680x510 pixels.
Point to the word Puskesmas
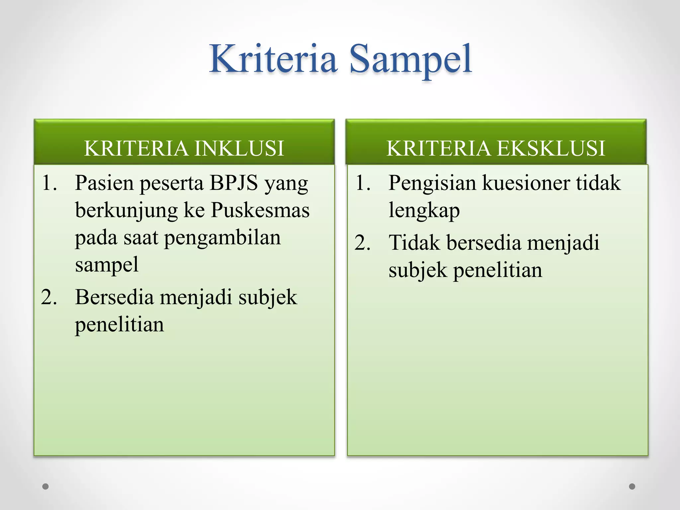point(260,210)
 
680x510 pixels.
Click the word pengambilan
point(222,238)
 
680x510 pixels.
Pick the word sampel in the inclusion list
point(107,265)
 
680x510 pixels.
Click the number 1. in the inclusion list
point(49,183)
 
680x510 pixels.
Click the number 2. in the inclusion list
point(49,297)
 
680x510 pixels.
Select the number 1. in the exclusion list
point(363,183)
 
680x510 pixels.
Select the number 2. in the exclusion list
point(363,243)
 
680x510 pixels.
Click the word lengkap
point(424,211)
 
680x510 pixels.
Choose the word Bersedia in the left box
point(114,297)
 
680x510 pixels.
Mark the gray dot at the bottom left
point(45,486)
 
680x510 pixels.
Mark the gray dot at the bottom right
point(632,486)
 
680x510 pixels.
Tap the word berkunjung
point(127,211)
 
